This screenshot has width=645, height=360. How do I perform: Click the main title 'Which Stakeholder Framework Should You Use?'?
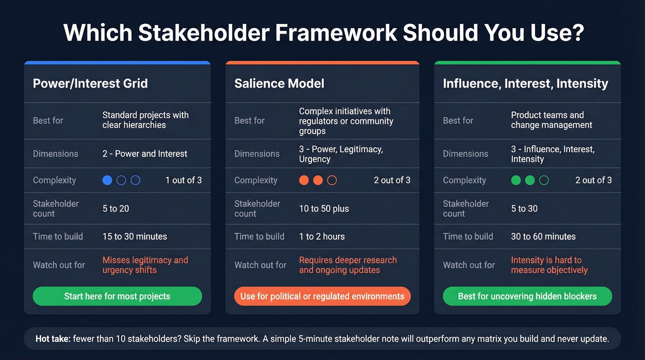coord(323,33)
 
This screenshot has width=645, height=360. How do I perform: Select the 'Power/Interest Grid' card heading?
coord(90,83)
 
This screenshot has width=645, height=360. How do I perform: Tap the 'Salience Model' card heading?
coord(279,83)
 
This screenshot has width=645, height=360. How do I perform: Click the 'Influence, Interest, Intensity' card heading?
coord(525,83)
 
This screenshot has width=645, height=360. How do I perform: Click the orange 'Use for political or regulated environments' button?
coord(322,296)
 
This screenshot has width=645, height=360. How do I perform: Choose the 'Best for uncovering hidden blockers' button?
coord(527,296)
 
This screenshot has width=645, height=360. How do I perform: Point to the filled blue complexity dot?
coord(107,180)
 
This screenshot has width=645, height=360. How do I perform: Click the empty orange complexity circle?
coord(332,180)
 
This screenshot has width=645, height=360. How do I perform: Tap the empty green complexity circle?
coord(544,180)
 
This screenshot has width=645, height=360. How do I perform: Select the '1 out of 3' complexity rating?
coord(183,180)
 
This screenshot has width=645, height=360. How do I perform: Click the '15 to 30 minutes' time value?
coord(135,236)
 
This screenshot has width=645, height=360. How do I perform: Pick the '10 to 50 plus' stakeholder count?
coord(324,209)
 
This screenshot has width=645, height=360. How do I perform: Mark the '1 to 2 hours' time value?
coord(322,236)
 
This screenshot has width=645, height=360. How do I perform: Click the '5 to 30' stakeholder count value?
coord(524,209)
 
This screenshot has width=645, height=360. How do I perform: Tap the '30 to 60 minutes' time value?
coord(543,236)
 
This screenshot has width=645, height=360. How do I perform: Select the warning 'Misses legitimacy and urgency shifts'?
coord(145,265)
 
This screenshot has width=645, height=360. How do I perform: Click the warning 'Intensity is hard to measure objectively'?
coord(549,265)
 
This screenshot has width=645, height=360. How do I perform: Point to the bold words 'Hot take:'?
coord(53,339)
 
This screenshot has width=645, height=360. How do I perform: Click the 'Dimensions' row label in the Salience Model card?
coord(257,154)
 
